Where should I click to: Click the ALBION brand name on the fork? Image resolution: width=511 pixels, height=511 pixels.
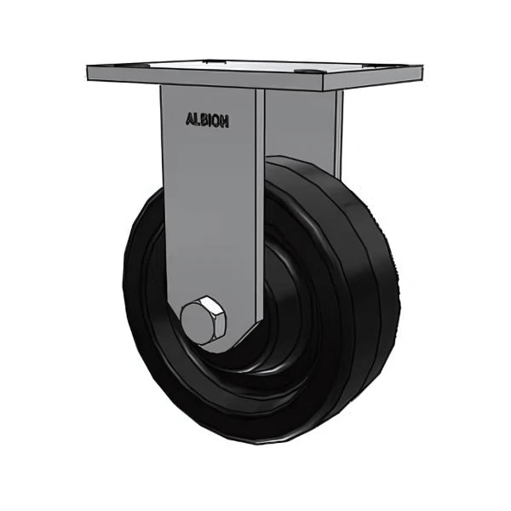tap(207, 121)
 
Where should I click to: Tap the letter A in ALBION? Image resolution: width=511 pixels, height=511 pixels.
tap(189, 121)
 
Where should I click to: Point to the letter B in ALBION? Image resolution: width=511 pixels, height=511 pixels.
tap(204, 121)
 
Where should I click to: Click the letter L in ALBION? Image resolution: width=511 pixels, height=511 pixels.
tap(197, 121)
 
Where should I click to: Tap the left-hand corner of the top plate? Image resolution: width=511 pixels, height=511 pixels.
tap(89, 72)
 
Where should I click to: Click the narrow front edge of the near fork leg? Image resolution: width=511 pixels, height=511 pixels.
tap(260, 213)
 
